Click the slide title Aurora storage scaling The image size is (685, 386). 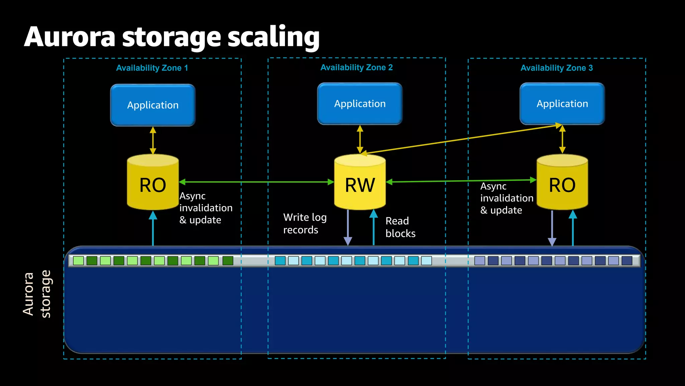click(x=172, y=37)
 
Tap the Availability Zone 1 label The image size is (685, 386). click(x=152, y=68)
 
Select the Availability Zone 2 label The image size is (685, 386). click(x=356, y=67)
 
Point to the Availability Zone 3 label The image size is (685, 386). click(x=557, y=68)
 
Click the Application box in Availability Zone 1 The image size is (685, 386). click(x=153, y=105)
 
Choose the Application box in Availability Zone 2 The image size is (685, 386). click(x=360, y=104)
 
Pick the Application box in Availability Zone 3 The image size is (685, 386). click(x=562, y=104)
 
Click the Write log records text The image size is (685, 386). click(x=305, y=223)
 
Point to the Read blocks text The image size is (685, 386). click(x=400, y=227)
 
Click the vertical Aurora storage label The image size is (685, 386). click(x=37, y=294)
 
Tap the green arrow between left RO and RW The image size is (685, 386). click(x=256, y=182)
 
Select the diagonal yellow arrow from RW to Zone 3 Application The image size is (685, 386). click(x=462, y=139)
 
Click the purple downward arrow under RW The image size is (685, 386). click(x=348, y=228)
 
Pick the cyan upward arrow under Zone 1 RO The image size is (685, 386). click(x=153, y=230)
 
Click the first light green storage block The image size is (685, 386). click(x=78, y=261)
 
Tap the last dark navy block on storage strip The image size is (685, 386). click(x=626, y=261)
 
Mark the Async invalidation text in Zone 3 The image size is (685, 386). click(x=506, y=198)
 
